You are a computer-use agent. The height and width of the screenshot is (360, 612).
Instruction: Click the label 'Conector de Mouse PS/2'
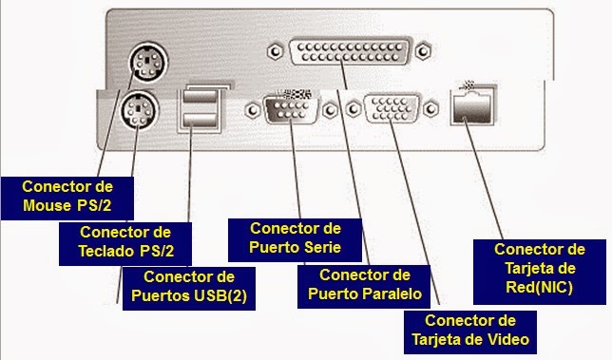(66, 196)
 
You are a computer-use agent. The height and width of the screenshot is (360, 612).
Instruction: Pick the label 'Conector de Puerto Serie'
(294, 238)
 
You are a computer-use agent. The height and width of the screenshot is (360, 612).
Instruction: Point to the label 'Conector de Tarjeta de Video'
(470, 330)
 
